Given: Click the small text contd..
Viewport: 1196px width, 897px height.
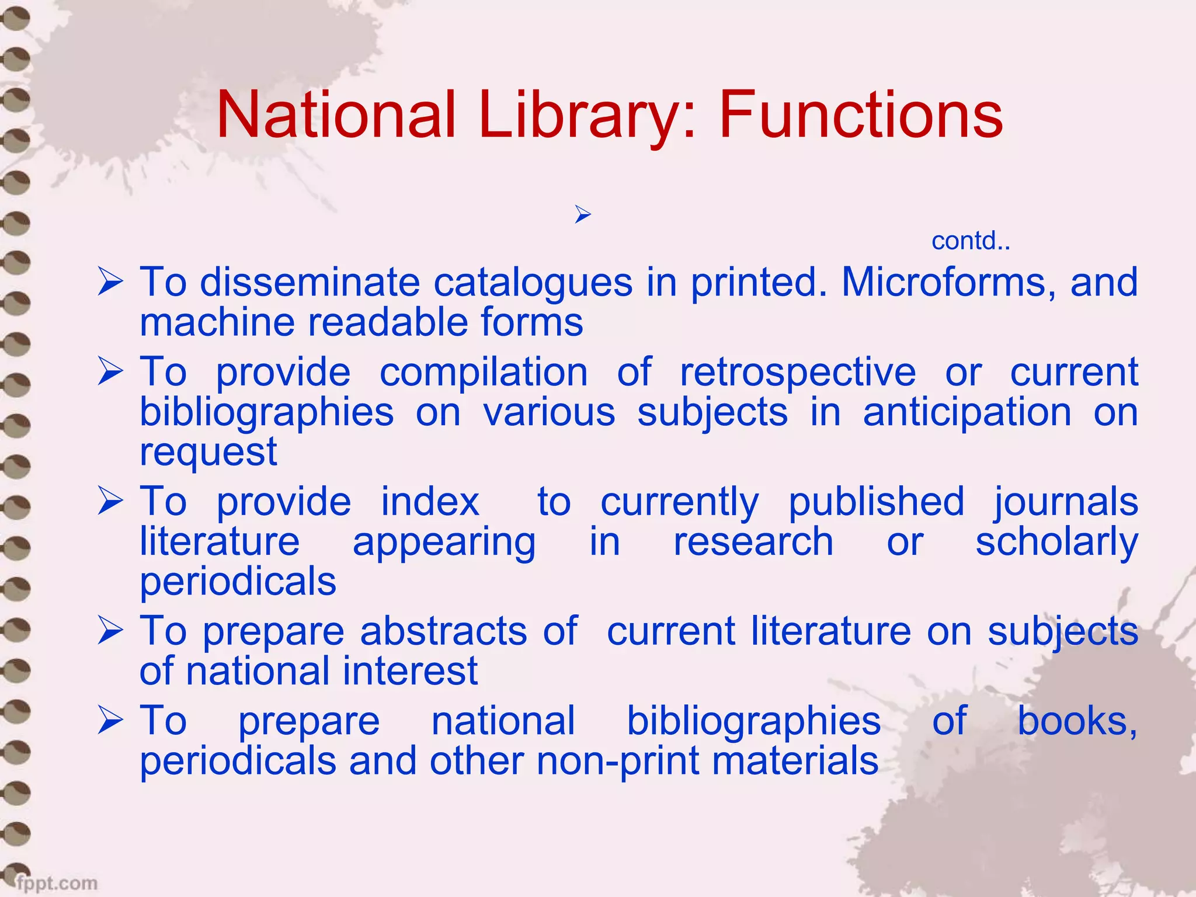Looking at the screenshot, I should tap(970, 241).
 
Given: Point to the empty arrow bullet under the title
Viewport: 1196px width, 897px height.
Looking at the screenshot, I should tap(582, 214).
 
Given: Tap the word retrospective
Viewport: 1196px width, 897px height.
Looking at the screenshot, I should tap(798, 372).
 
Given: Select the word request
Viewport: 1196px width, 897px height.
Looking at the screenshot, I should tap(208, 453).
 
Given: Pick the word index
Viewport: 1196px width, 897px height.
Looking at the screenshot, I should tap(430, 502).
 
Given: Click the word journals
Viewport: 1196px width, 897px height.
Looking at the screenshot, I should tap(1066, 502).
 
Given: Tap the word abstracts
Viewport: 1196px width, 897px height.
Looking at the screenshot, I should tap(444, 631).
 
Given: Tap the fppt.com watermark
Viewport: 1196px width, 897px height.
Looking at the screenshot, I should tap(57, 882).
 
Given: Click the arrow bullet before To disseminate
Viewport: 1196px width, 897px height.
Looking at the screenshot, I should tap(110, 282).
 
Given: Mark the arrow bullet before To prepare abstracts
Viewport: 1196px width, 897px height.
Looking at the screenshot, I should tap(110, 631).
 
